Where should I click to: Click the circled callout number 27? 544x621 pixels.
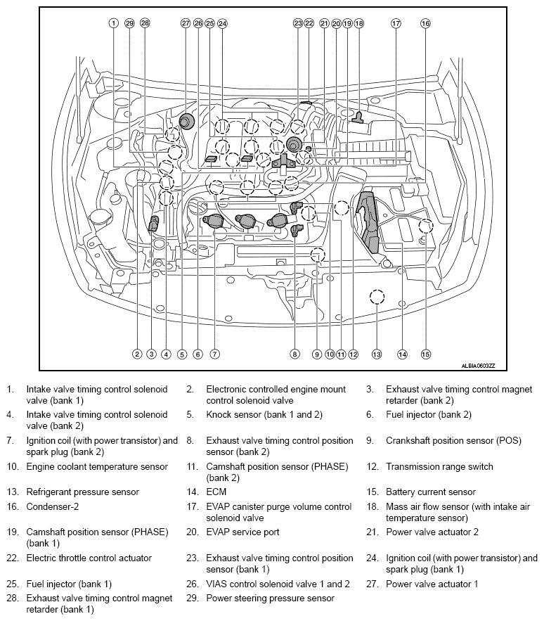(x=186, y=23)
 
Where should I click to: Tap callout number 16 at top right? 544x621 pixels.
(x=425, y=23)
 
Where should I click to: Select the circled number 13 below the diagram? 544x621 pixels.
(x=377, y=354)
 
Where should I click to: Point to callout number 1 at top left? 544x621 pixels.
(x=113, y=23)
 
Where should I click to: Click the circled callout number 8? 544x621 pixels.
(x=295, y=354)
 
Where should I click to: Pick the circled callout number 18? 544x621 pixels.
(x=359, y=23)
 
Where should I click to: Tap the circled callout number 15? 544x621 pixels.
(x=425, y=354)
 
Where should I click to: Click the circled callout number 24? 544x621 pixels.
(x=223, y=23)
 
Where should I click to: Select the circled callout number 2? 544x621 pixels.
(x=137, y=354)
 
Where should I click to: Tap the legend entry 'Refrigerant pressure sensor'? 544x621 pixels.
(x=83, y=492)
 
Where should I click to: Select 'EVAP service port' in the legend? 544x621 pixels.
(x=242, y=532)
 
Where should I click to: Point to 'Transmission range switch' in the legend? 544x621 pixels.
(x=439, y=466)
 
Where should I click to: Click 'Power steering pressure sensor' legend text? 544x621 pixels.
(x=270, y=598)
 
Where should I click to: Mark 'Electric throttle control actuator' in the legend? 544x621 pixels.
(x=89, y=558)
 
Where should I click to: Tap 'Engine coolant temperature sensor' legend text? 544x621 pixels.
(x=97, y=466)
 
